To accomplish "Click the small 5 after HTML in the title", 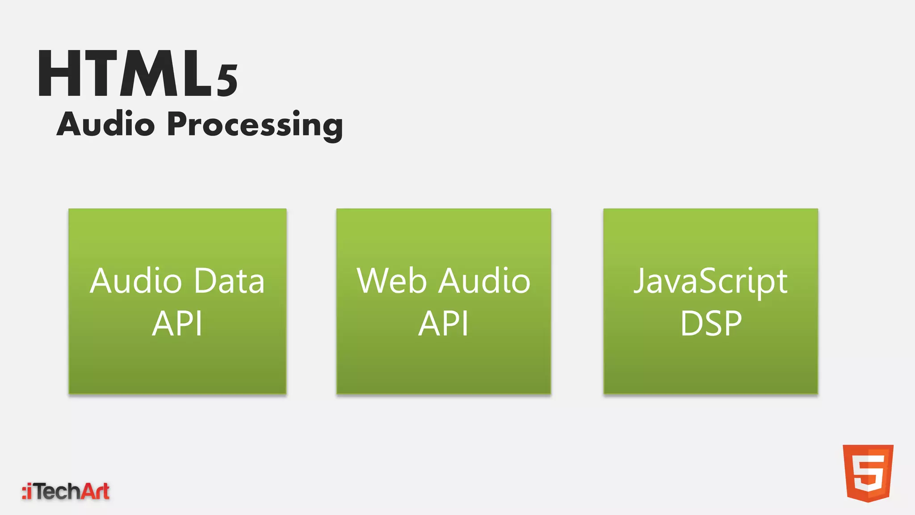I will tap(227, 80).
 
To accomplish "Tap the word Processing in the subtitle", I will tap(255, 125).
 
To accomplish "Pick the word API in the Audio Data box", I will tap(177, 324).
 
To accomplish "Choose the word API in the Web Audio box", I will tap(444, 324).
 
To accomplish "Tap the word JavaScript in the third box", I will tap(710, 283).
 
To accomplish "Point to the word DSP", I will tap(711, 324).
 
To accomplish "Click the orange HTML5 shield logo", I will tap(868, 473).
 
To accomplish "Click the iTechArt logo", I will tap(66, 491).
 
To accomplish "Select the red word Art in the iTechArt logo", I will tap(96, 491).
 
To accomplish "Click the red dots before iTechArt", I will tap(24, 492).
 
